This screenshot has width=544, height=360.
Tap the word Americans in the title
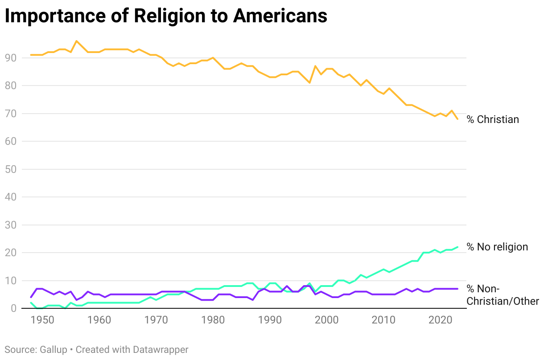coord(280,16)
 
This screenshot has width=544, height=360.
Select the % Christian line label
coord(493,119)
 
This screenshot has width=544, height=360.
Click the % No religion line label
coord(497,247)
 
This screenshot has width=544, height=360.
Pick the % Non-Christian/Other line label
coord(503,295)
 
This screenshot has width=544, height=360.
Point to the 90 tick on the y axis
coord(11,58)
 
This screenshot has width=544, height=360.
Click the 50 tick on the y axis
coord(11,169)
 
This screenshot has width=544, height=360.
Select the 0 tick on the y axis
coord(13,309)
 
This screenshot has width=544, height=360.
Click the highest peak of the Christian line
coord(76,41)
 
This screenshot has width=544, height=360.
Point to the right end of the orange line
coord(457,119)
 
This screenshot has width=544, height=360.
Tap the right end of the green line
coord(457,247)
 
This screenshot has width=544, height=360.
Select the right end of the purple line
coord(457,289)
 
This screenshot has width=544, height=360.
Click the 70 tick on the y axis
coord(11,114)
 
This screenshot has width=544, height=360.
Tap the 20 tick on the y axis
coord(11,253)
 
